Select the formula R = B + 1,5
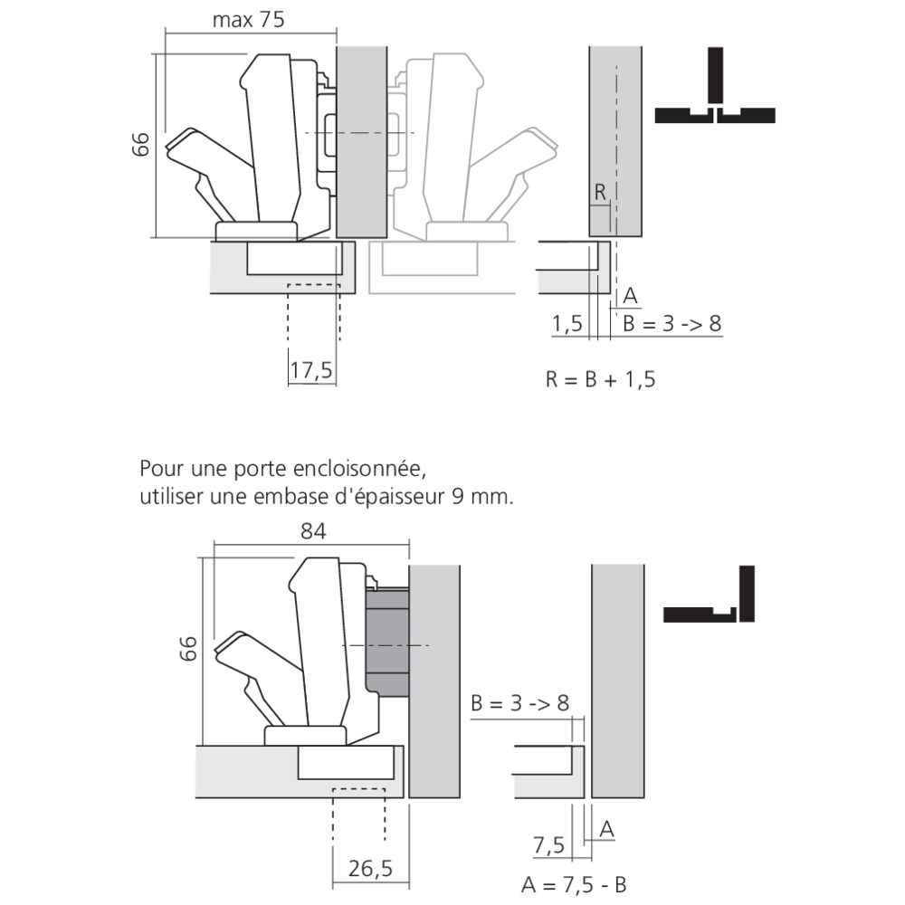click(600, 378)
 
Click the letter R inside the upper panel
click(600, 192)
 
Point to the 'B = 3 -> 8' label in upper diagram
click(671, 324)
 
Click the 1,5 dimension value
click(567, 324)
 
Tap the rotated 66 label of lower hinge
click(187, 649)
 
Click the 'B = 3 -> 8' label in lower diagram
click(519, 703)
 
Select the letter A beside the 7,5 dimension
click(607, 826)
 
